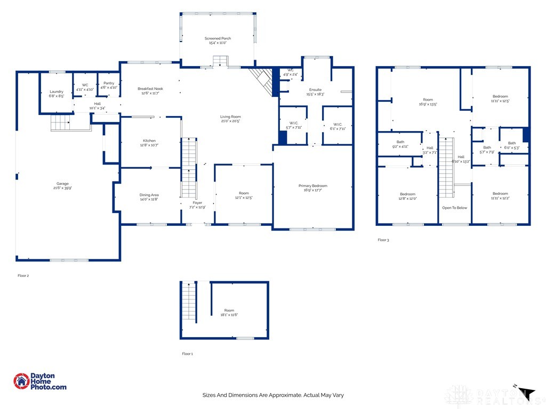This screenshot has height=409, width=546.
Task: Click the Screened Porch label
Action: pyautogui.click(x=218, y=38)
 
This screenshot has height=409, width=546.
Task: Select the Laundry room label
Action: pyautogui.click(x=56, y=92)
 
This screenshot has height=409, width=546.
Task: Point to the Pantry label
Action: pyautogui.click(x=109, y=83)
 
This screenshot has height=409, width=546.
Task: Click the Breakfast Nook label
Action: pyautogui.click(x=150, y=88)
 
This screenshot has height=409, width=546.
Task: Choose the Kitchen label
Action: pyautogui.click(x=149, y=141)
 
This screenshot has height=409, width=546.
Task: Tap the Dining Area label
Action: pyautogui.click(x=149, y=195)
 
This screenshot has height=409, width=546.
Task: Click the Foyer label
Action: pyautogui.click(x=197, y=203)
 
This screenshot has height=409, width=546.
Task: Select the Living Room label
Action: pyautogui.click(x=230, y=117)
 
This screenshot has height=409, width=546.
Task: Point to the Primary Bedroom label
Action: pyautogui.click(x=312, y=186)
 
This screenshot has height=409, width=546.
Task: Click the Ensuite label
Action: pyautogui.click(x=315, y=89)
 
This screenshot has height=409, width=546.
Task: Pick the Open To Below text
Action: pyautogui.click(x=454, y=208)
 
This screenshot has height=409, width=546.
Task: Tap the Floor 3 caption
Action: pyautogui.click(x=383, y=240)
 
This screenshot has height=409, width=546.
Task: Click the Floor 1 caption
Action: pyautogui.click(x=187, y=354)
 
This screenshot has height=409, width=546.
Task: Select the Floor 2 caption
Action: pyautogui.click(x=23, y=276)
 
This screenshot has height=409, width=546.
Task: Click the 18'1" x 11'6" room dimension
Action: pyautogui.click(x=229, y=315)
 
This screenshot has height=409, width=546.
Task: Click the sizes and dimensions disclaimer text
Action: pyautogui.click(x=272, y=395)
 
